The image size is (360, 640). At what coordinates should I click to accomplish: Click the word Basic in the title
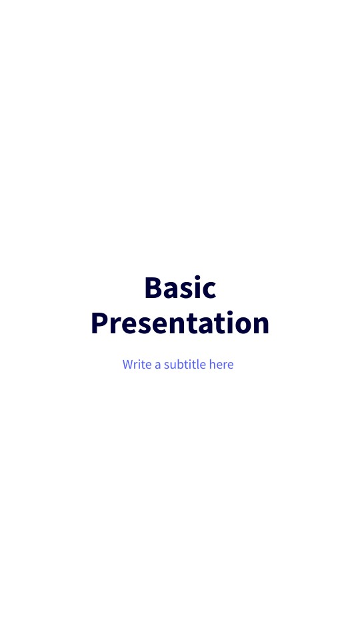coord(180,288)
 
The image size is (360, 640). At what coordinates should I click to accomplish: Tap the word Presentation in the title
coord(180,323)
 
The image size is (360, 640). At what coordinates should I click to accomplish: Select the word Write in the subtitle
coord(137,365)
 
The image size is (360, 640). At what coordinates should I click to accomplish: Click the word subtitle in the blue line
coord(185,365)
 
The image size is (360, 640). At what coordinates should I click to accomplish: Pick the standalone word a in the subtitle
coord(158,365)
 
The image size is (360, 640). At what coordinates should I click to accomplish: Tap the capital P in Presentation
coord(100,323)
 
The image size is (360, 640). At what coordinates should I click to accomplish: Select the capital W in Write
coord(128,365)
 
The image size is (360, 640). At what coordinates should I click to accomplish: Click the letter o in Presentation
coord(241,325)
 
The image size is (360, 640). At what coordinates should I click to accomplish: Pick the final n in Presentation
coord(260,325)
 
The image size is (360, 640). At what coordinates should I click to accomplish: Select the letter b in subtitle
coord(180,365)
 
